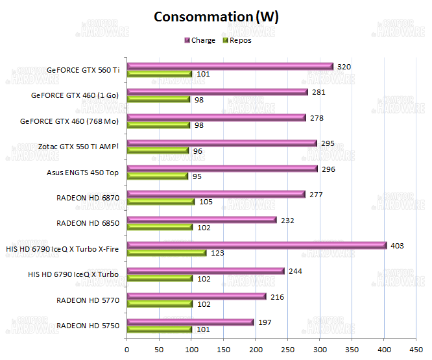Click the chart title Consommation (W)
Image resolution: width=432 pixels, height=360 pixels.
pyautogui.click(x=216, y=17)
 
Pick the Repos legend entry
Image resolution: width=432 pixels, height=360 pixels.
pyautogui.click(x=239, y=40)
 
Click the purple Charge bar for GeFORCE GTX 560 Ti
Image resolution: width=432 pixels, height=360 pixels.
pyautogui.click(x=230, y=66)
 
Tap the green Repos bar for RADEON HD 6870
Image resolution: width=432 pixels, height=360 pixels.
pyautogui.click(x=161, y=202)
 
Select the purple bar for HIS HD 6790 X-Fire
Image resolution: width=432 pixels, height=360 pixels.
pyautogui.click(x=257, y=245)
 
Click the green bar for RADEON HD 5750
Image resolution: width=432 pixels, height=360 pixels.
pyautogui.click(x=160, y=330)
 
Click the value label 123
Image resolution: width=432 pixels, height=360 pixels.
pyautogui.click(x=217, y=253)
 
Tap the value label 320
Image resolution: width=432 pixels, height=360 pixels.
pyautogui.click(x=345, y=66)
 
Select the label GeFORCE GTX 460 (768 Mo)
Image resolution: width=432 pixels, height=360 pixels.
pyautogui.click(x=70, y=121)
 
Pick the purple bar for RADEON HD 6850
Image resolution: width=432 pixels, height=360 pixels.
pyautogui.click(x=202, y=220)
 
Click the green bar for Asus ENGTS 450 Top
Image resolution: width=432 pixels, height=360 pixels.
pyautogui.click(x=158, y=176)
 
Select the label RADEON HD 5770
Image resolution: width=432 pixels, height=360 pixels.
pyautogui.click(x=88, y=300)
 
